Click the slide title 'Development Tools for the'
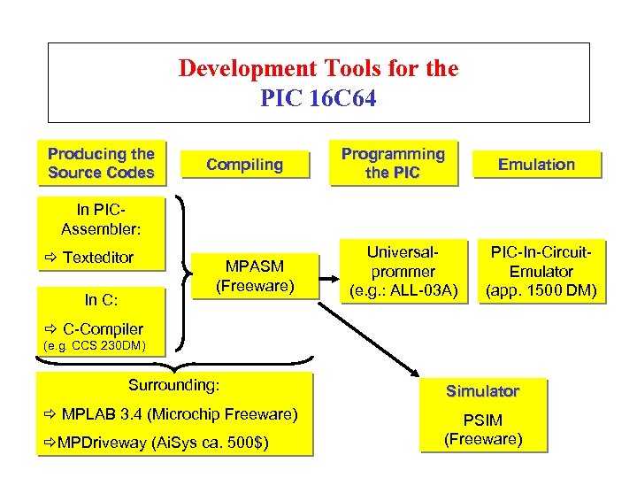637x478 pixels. pos(318,68)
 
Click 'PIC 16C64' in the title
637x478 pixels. pos(318,97)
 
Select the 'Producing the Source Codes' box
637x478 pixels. pos(101,164)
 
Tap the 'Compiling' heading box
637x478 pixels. pos(245,164)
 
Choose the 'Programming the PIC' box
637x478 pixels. pos(394,164)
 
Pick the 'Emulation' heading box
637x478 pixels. pos(536,164)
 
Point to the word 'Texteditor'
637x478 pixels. pos(97,258)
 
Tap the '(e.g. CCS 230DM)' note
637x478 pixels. pos(94,345)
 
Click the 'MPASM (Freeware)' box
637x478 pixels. pos(255,275)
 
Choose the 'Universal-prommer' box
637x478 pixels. pos(403,272)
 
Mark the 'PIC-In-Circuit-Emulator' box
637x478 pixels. pos(541,272)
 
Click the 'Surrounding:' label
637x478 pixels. pos(173,385)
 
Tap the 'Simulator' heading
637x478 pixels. pos(482,390)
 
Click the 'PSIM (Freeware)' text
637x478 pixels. pos(483,429)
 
